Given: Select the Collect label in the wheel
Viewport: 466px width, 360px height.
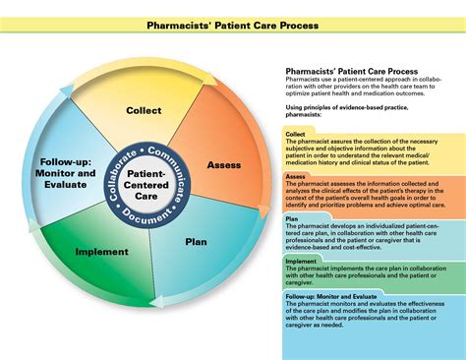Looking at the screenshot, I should [144, 110].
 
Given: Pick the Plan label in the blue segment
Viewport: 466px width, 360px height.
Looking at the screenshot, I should [197, 240].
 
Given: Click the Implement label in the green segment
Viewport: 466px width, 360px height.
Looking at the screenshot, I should [103, 252].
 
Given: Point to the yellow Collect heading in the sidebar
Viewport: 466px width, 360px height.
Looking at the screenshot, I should [295, 133].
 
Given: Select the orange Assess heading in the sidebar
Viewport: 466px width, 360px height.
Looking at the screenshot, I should [295, 176].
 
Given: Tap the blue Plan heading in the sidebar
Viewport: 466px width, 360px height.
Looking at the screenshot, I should [292, 219].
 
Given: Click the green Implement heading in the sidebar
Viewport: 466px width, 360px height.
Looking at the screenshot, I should [301, 262].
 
